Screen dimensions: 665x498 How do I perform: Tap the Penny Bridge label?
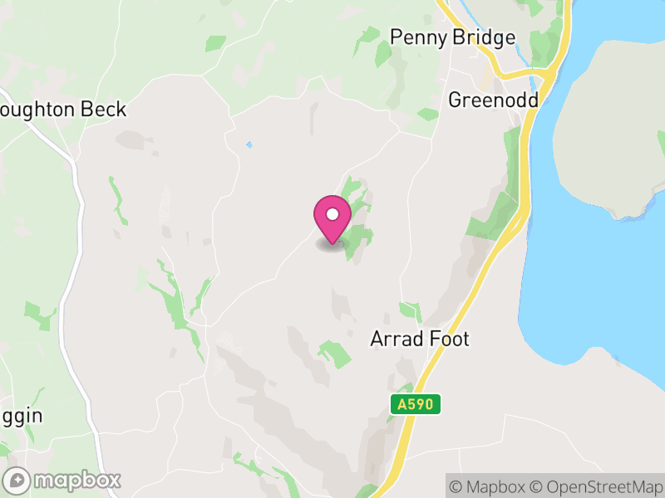[453, 37]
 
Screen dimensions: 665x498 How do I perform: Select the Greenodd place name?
[493, 100]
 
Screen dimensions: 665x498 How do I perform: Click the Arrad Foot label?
[420, 339]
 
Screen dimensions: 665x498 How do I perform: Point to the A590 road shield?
[415, 404]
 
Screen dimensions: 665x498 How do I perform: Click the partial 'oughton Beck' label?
[63, 110]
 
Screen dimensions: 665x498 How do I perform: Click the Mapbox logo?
[63, 480]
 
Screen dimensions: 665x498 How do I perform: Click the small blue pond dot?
[249, 145]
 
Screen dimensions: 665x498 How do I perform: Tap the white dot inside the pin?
[332, 214]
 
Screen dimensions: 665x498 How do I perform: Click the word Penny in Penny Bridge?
[419, 37]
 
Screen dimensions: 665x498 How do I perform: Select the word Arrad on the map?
[396, 339]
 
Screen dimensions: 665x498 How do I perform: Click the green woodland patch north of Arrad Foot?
[410, 311]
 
